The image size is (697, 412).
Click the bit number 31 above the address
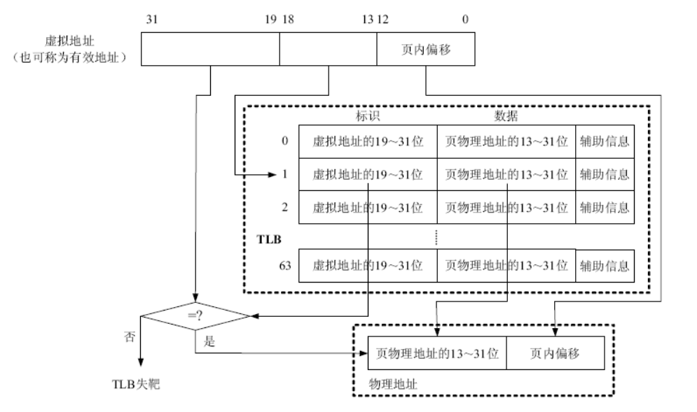(150, 20)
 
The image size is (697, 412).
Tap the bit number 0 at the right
(465, 20)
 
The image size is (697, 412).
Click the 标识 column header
(368, 116)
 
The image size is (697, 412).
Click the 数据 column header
(506, 116)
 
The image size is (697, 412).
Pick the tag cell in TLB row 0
(367, 141)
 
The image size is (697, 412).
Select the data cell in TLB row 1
(506, 175)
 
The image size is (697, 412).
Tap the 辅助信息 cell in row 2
(603, 208)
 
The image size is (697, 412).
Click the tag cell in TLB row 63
(367, 266)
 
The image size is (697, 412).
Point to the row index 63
(284, 266)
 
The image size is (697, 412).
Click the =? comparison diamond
(195, 317)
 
